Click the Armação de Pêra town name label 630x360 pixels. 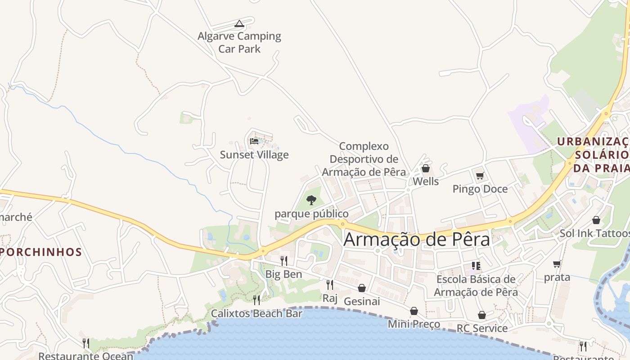(416, 239)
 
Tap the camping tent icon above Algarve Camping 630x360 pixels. (239, 23)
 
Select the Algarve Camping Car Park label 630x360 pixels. (239, 42)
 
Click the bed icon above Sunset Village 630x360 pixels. (254, 141)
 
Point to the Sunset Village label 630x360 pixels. (254, 155)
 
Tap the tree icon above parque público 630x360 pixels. (311, 200)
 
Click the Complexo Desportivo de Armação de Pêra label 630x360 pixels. (364, 159)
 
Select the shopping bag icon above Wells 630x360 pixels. (425, 168)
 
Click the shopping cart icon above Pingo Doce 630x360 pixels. (480, 176)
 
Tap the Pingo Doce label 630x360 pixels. (480, 189)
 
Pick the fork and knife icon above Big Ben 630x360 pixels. (284, 261)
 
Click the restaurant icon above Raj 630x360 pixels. (330, 284)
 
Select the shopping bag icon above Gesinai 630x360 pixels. (362, 288)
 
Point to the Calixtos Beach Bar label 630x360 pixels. (256, 313)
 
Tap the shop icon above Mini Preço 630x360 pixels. (414, 311)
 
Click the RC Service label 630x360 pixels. (482, 328)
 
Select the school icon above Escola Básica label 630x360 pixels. (476, 266)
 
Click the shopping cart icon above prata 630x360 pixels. (557, 264)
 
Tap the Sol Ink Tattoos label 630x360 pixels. (594, 234)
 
